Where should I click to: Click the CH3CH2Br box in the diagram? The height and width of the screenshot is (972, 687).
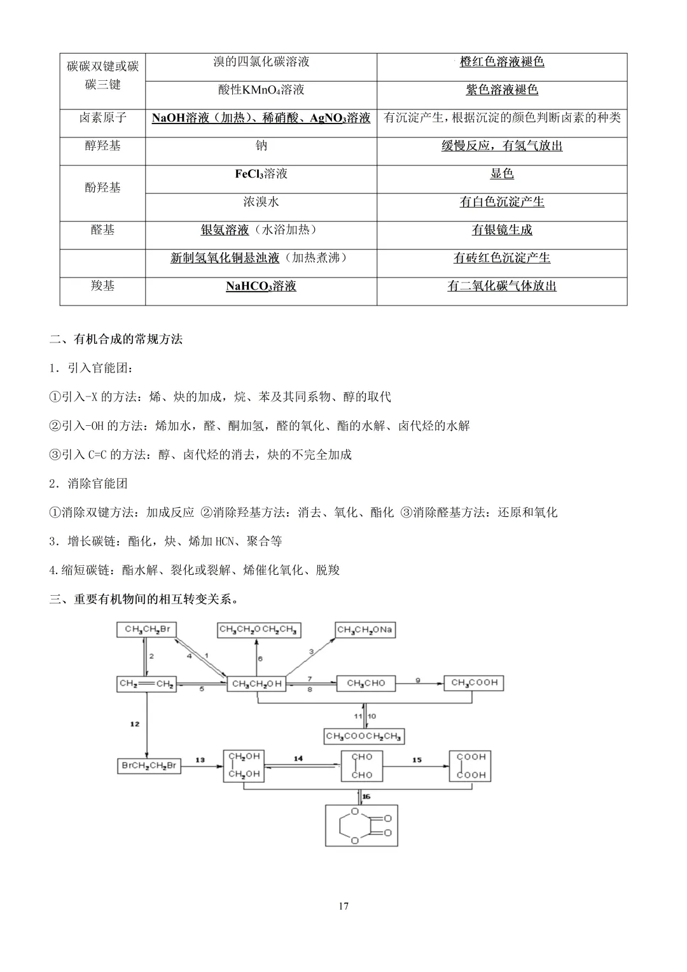coord(146,630)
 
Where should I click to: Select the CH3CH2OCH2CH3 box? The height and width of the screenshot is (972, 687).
coord(258,630)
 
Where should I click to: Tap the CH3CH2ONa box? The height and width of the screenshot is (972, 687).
coord(365,630)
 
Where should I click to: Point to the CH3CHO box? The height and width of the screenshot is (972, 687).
coord(366,683)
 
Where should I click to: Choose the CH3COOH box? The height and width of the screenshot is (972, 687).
coord(474,682)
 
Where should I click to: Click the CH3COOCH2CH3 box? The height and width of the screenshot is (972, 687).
coord(364,736)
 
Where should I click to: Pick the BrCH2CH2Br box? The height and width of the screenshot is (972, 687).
coord(149,765)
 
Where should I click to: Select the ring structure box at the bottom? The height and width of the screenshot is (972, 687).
coord(361,826)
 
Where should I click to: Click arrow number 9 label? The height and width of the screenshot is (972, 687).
coord(418,680)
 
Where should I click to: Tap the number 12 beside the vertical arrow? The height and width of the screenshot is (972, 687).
coord(134,724)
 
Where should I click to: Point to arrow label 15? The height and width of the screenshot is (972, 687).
coord(417,759)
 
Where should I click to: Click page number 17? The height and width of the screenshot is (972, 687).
coord(343,906)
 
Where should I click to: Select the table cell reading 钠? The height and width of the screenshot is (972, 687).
coord(261,146)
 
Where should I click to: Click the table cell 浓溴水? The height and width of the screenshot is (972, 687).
coord(261,202)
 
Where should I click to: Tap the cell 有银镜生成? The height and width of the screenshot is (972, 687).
coord(502,230)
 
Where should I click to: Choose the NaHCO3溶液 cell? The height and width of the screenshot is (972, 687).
coord(261,286)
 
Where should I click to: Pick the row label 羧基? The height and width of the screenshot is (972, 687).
coord(102,286)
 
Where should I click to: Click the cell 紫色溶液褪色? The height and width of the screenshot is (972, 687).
coord(502,90)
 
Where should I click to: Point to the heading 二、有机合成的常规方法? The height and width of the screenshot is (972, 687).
coord(116,339)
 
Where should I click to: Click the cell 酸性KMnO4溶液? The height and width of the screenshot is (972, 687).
coord(261,90)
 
